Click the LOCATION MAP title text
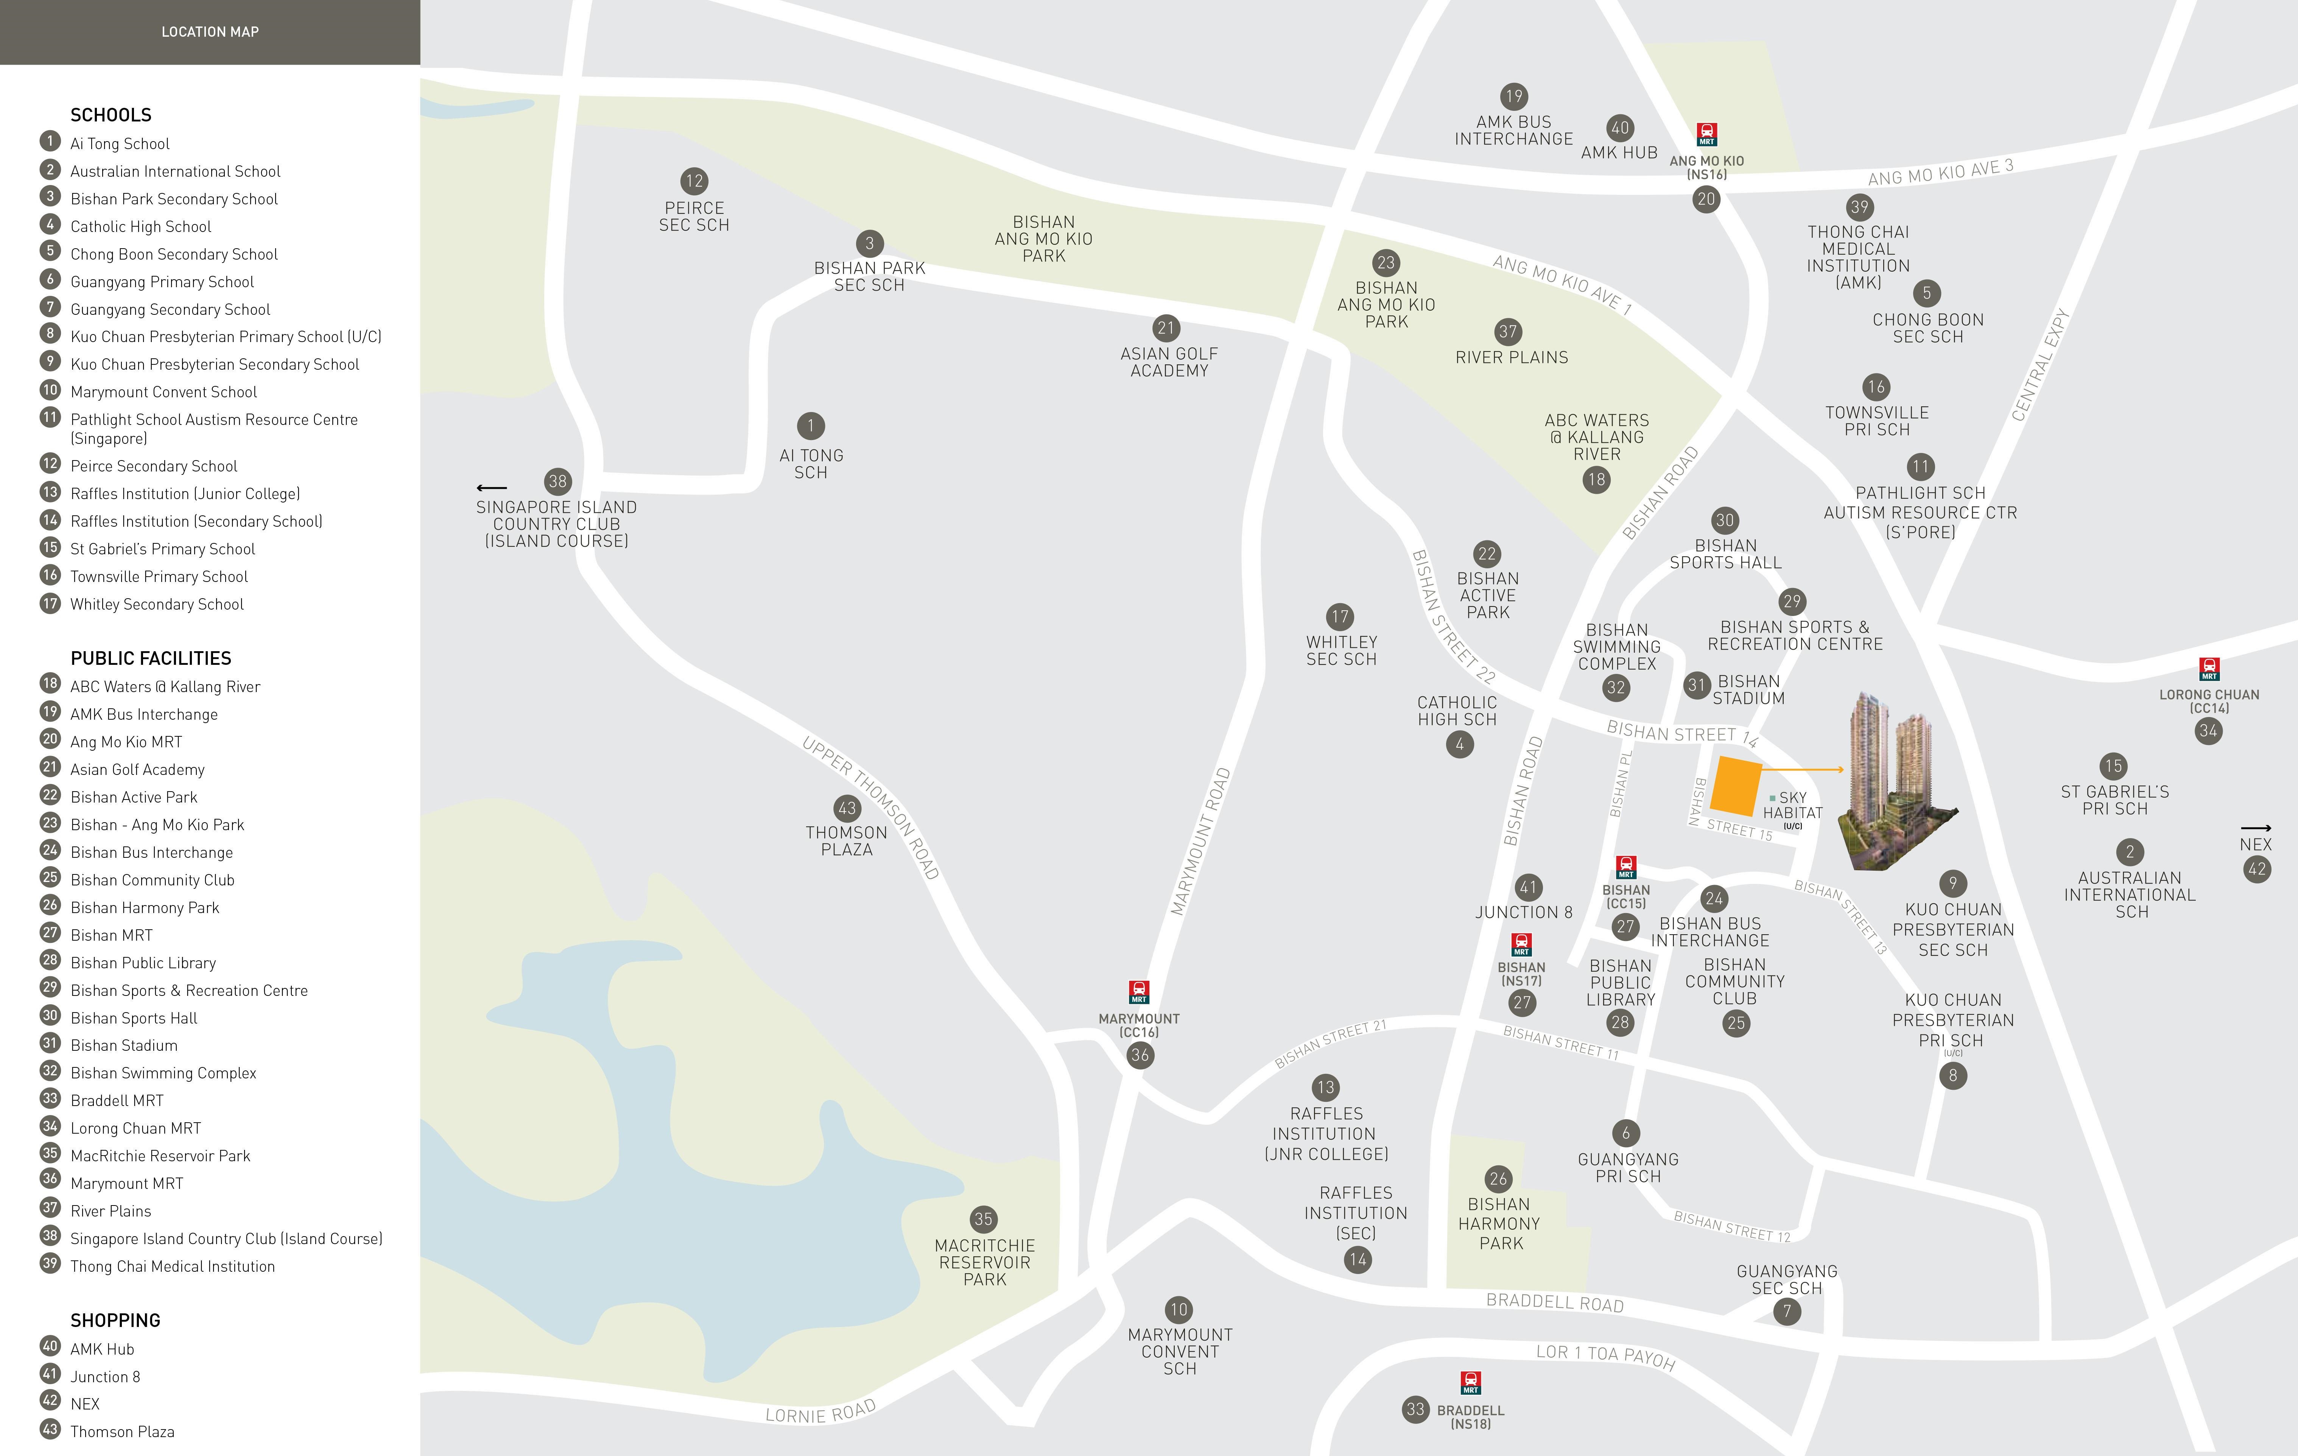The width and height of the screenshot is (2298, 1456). pos(210,31)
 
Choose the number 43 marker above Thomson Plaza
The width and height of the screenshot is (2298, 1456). pos(847,808)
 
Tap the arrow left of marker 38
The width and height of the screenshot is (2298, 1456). pos(492,488)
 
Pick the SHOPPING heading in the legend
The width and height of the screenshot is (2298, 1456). pos(115,1321)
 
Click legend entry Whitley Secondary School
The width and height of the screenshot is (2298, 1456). pos(157,604)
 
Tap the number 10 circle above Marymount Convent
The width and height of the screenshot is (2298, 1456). pos(1179,1309)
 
